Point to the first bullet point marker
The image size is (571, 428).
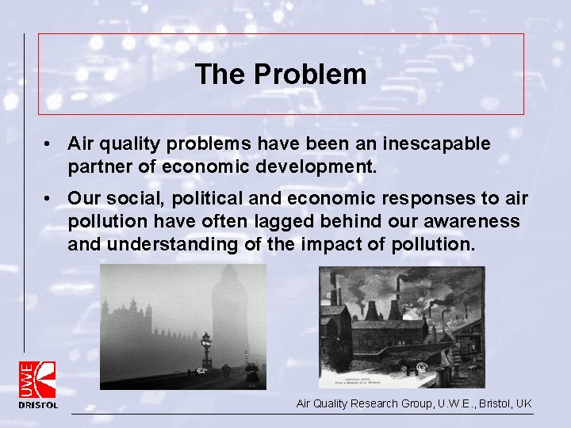pos(49,144)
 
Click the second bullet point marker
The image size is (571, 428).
pos(49,198)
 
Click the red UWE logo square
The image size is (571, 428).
pos(38,379)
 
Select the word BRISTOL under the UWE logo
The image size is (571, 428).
pos(38,405)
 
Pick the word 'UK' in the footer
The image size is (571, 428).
pos(523,403)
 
